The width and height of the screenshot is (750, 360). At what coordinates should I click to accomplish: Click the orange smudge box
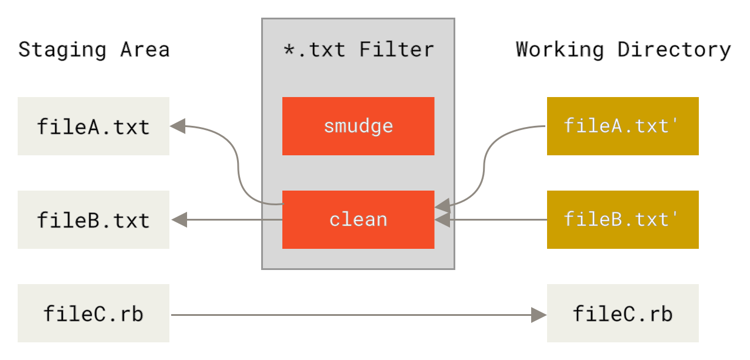[358, 126]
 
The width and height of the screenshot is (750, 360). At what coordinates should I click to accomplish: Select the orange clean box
[358, 219]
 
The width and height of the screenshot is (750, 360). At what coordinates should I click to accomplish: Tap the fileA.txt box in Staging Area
[94, 126]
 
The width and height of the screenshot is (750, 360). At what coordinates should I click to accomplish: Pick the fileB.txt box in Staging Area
[94, 219]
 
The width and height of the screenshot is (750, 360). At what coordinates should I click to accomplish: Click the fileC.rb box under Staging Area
[94, 313]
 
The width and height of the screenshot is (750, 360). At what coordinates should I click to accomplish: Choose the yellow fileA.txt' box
[622, 126]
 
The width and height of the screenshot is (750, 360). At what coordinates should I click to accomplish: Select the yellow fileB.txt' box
[622, 219]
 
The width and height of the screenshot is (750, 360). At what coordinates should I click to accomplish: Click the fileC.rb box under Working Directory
[622, 313]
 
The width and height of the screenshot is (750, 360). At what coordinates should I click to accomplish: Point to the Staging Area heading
[94, 49]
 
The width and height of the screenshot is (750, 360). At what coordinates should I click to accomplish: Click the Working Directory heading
[624, 49]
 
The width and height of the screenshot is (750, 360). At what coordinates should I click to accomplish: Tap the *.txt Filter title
[358, 49]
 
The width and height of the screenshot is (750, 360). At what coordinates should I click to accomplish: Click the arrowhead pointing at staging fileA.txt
[178, 125]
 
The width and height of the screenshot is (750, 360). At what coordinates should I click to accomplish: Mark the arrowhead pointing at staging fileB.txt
[179, 220]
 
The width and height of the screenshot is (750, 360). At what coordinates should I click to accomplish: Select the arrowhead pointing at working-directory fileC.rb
[539, 315]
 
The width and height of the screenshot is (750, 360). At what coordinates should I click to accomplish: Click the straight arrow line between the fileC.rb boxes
[353, 315]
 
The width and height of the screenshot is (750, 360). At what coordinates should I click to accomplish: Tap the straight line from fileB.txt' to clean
[500, 220]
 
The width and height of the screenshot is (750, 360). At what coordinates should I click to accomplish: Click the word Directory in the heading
[675, 49]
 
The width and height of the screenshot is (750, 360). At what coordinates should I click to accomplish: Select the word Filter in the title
[396, 49]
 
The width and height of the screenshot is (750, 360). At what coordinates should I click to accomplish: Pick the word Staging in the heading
[62, 49]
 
